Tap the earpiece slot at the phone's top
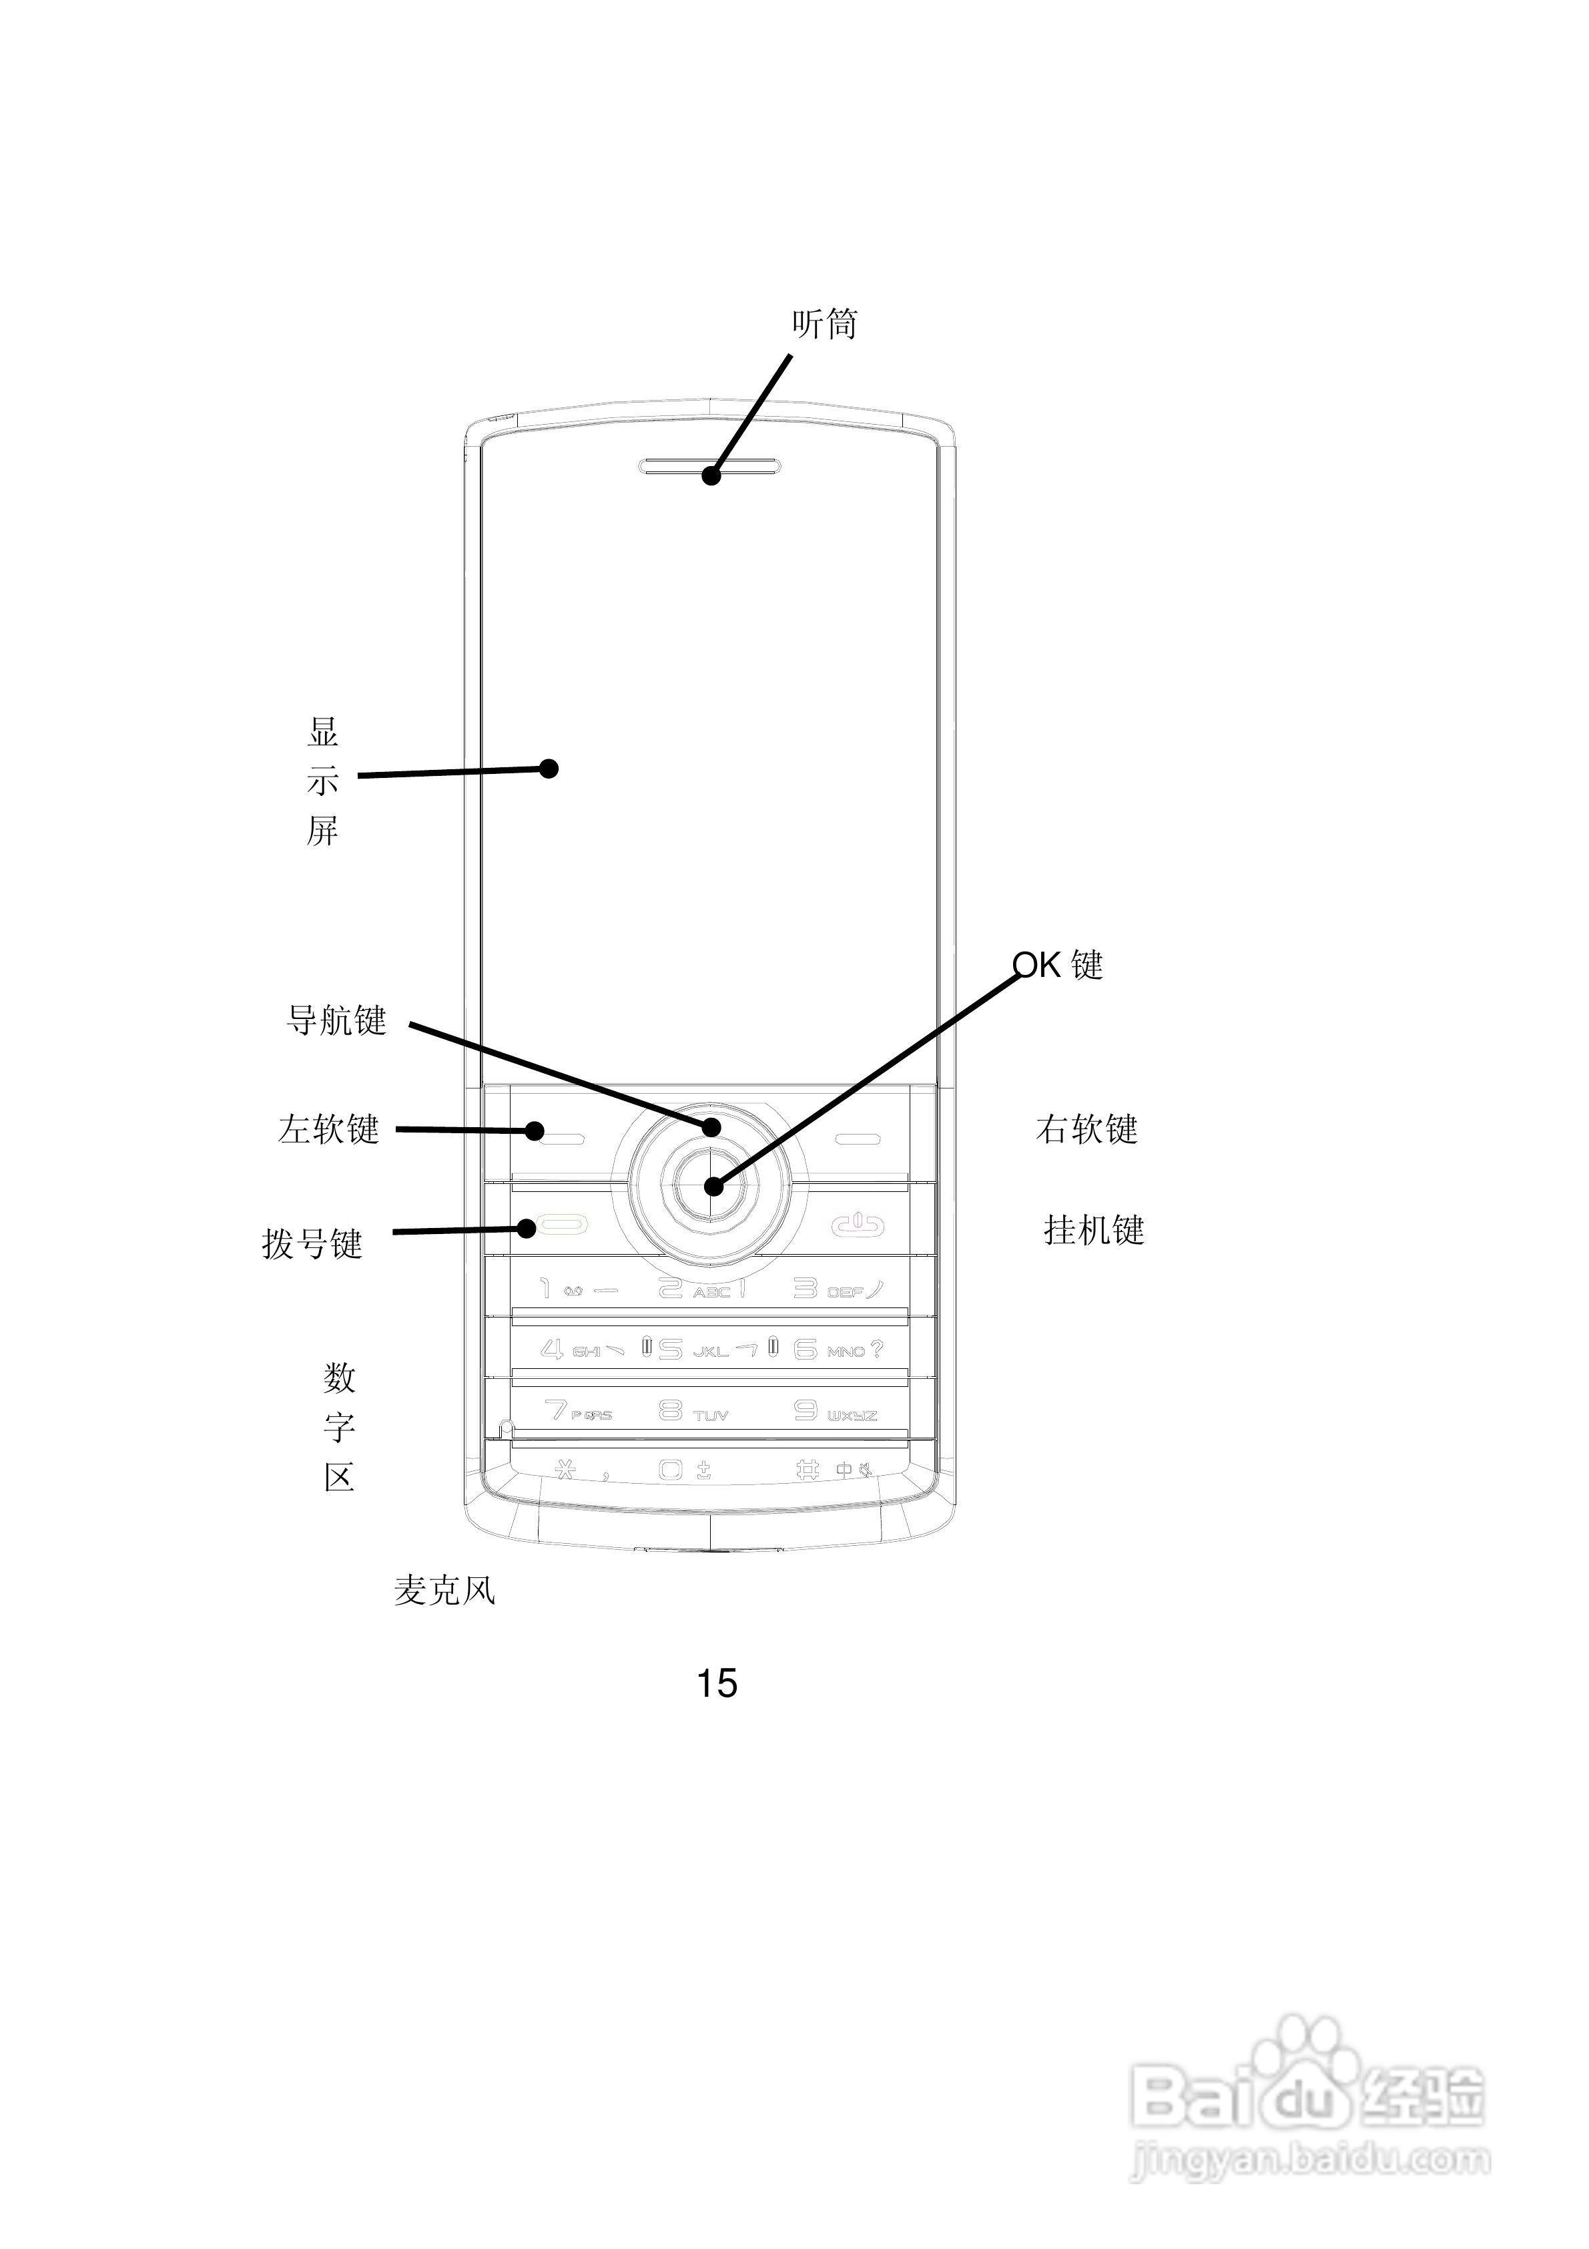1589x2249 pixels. (x=711, y=466)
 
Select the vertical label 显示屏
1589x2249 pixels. (x=323, y=782)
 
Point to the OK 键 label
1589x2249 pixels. (x=1057, y=965)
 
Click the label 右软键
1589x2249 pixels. (x=1086, y=1129)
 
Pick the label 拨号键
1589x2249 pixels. (x=312, y=1244)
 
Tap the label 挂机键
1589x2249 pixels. (x=1094, y=1229)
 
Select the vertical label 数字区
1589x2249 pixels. (x=339, y=1428)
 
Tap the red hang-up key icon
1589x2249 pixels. (x=859, y=1225)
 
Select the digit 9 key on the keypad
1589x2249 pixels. (x=806, y=1410)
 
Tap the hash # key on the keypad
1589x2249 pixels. (x=808, y=1469)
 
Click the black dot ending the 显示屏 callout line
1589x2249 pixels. (x=549, y=769)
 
